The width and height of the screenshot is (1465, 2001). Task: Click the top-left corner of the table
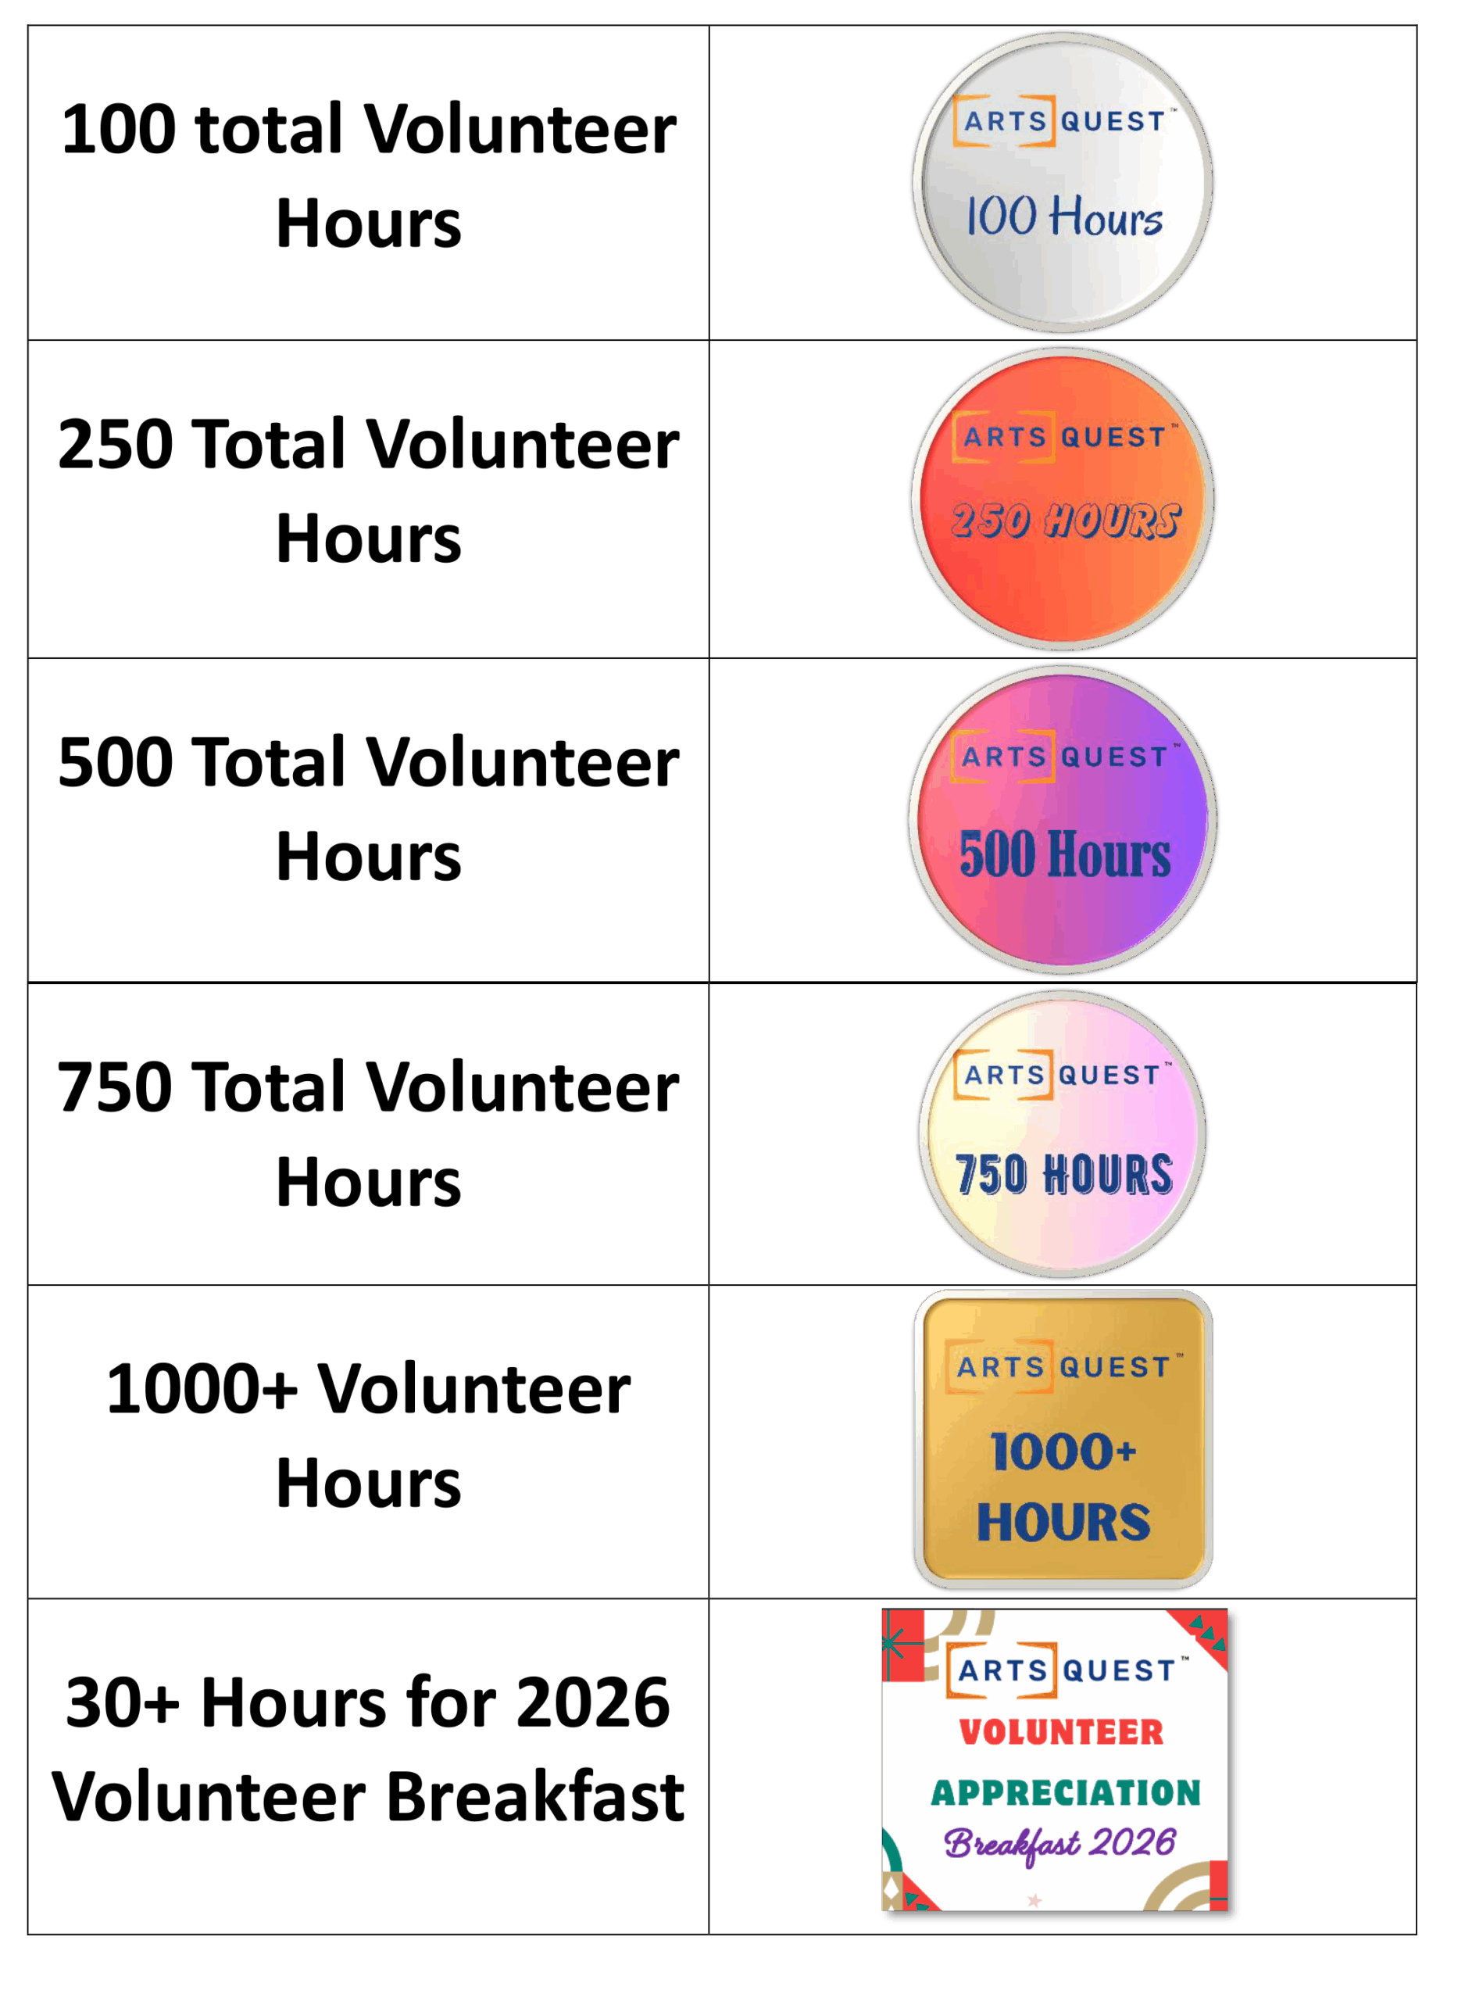tap(27, 26)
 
